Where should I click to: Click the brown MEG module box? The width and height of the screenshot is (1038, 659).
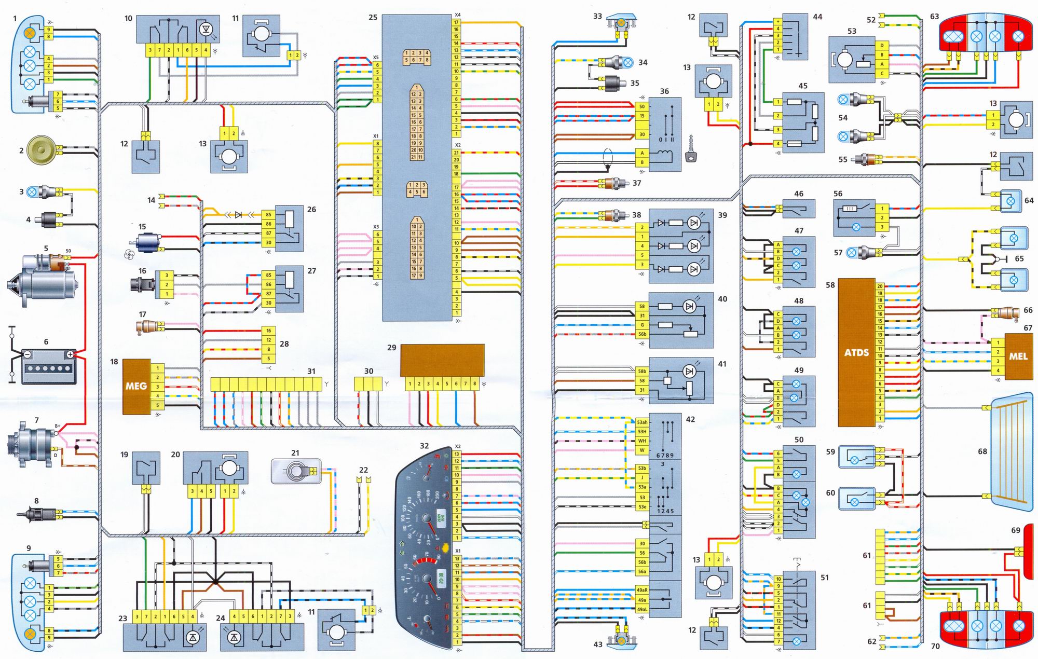[136, 386]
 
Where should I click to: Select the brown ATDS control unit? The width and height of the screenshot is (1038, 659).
[856, 352]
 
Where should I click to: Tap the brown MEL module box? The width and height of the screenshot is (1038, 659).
[1018, 356]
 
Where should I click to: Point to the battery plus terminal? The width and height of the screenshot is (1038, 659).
[70, 354]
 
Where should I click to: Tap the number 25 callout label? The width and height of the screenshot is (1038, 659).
[373, 18]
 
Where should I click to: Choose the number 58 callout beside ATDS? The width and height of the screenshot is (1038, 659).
[830, 285]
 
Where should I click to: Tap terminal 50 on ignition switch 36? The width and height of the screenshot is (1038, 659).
[642, 106]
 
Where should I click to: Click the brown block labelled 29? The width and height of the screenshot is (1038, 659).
[442, 360]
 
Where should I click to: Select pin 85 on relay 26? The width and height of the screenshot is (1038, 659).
[268, 214]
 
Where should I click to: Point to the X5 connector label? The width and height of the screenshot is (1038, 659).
[376, 58]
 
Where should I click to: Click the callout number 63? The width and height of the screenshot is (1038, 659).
[934, 17]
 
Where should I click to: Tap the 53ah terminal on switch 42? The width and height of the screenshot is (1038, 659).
[642, 422]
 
